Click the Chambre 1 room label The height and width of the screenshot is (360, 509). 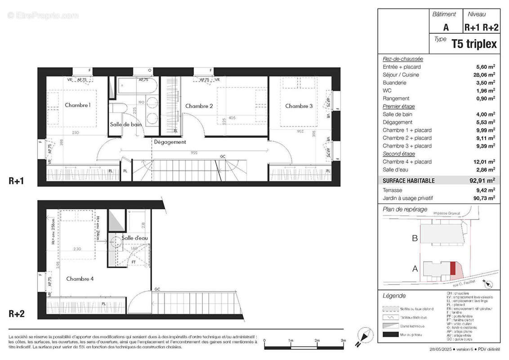[78, 105]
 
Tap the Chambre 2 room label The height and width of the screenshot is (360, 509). [199, 106]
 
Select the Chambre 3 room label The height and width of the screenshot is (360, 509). [299, 106]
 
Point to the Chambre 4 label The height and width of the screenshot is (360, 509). [80, 279]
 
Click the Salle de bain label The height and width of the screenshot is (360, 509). [126, 125]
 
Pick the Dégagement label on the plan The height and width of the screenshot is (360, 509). [170, 142]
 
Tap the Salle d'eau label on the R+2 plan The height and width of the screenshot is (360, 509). [135, 238]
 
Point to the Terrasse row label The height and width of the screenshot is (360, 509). [393, 189]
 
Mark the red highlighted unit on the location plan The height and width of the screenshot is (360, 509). [453, 269]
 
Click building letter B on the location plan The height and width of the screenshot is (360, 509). [415, 238]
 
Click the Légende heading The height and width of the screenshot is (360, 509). [394, 296]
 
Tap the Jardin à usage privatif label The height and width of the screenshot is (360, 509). [407, 198]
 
